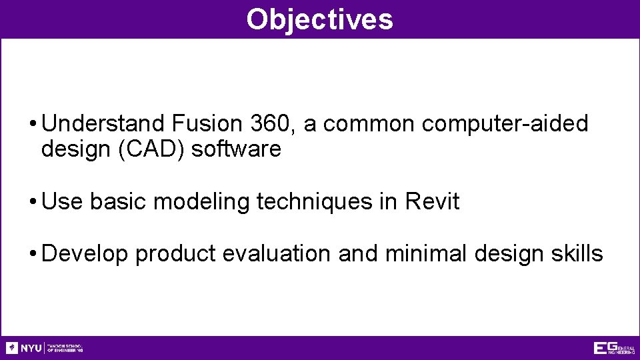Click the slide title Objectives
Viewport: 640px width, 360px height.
[x=319, y=19]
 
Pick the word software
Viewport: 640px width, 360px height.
[x=236, y=149]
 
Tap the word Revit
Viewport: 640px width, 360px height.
[x=432, y=201]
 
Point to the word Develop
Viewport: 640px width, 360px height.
[x=85, y=254]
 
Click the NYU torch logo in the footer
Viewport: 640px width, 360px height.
[x=12, y=348]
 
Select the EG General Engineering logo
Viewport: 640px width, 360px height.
[x=614, y=348]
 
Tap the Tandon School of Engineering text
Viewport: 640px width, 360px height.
[x=65, y=348]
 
